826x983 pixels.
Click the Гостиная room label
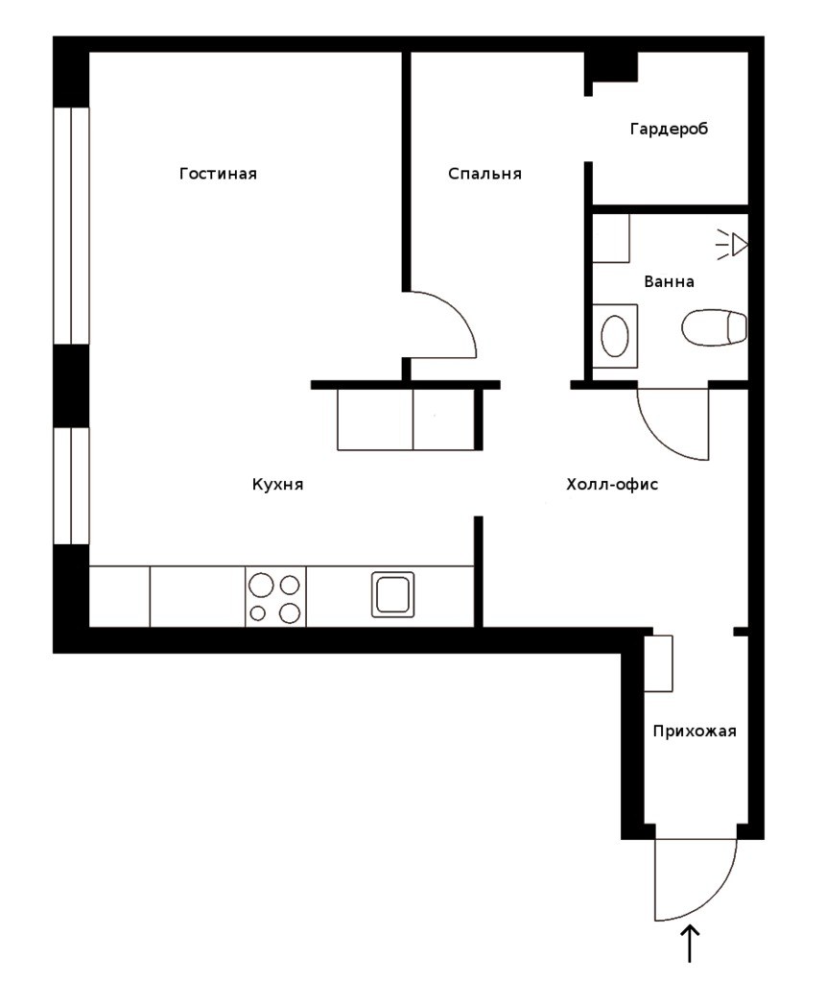pyautogui.click(x=218, y=174)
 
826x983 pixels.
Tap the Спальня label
pyautogui.click(x=484, y=174)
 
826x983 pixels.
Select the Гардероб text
pyautogui.click(x=669, y=130)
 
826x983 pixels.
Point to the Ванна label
pyautogui.click(x=669, y=281)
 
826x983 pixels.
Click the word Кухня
pyautogui.click(x=277, y=485)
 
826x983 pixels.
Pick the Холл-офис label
pyautogui.click(x=612, y=485)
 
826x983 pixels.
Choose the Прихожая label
pyautogui.click(x=695, y=731)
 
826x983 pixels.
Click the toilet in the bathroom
pyautogui.click(x=714, y=327)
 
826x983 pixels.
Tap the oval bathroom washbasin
pyautogui.click(x=615, y=336)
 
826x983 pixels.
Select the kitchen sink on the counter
pyautogui.click(x=393, y=594)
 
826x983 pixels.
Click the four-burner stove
pyautogui.click(x=275, y=596)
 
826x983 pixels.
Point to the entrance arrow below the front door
pyautogui.click(x=690, y=944)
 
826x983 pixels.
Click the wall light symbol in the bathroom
pyautogui.click(x=732, y=245)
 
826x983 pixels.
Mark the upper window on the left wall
pyautogui.click(x=71, y=226)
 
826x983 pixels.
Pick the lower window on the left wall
pyautogui.click(x=71, y=486)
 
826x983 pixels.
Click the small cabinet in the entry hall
pyautogui.click(x=659, y=663)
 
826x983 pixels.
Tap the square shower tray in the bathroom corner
pyautogui.click(x=611, y=238)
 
